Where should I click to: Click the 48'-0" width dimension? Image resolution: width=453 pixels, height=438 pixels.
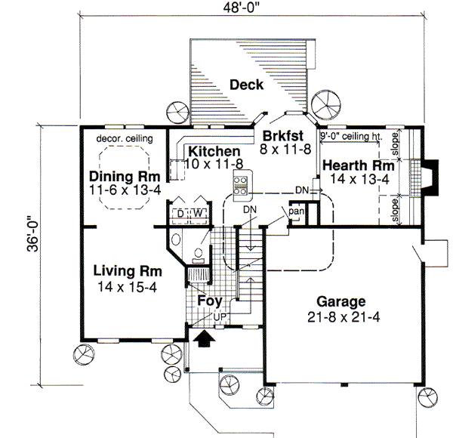pyautogui.click(x=252, y=8)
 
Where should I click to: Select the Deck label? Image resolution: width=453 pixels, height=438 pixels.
pyautogui.click(x=246, y=85)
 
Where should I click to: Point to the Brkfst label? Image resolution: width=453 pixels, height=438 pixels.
pyautogui.click(x=283, y=136)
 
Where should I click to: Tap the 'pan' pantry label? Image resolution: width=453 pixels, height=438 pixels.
pyautogui.click(x=296, y=212)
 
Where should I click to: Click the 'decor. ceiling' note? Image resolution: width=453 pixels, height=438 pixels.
pyautogui.click(x=125, y=139)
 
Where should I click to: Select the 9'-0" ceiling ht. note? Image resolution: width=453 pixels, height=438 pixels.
pyautogui.click(x=350, y=135)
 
